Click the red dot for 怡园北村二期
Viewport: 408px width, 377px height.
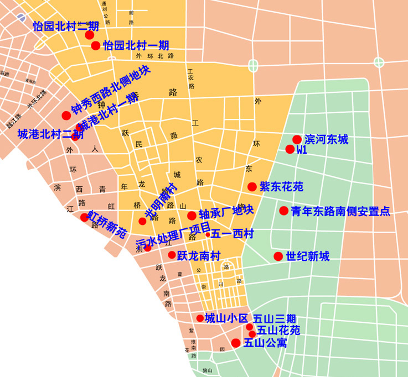(89, 35)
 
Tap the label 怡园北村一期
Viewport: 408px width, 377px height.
(136, 45)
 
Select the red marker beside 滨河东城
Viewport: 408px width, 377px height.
(297, 139)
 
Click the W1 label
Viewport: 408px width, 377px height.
(302, 150)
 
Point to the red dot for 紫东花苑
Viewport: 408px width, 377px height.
(252, 187)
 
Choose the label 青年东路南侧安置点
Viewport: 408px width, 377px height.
(341, 211)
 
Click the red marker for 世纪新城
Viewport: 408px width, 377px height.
(278, 256)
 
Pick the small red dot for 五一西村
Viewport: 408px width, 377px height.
(208, 235)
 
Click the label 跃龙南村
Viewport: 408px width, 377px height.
(199, 256)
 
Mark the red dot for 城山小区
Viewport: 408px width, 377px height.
(200, 318)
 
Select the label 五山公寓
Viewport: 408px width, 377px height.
(265, 343)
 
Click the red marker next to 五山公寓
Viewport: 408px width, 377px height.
(236, 343)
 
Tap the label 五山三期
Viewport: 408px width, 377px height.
(275, 319)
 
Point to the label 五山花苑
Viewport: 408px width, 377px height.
(278, 331)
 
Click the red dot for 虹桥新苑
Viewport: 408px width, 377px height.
(84, 217)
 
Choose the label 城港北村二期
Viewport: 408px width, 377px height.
(50, 134)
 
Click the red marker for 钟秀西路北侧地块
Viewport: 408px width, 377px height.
(66, 116)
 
